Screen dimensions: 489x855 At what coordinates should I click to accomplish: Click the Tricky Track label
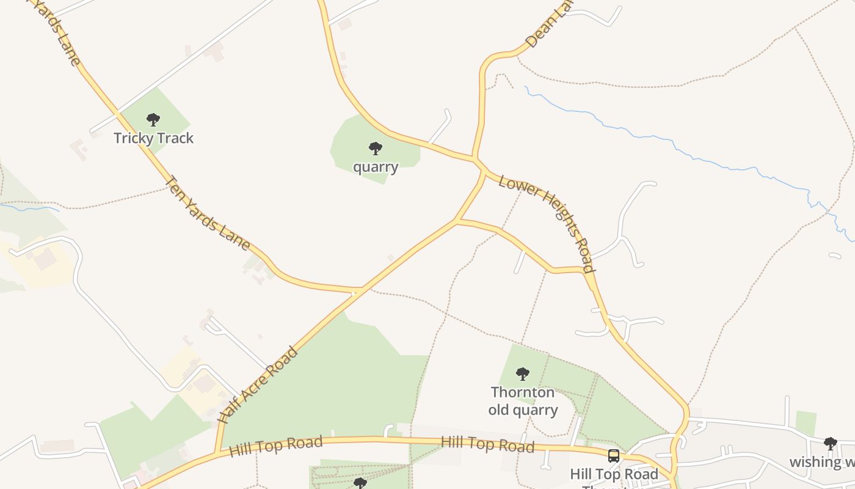[153, 138]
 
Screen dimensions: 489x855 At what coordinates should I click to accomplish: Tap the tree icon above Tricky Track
[153, 120]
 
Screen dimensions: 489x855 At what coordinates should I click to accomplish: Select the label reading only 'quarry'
[376, 167]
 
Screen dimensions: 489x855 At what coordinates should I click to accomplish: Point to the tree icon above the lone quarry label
[376, 149]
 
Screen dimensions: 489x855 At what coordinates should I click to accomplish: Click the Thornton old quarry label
[523, 401]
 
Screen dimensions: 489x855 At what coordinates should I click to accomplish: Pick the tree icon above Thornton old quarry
[522, 373]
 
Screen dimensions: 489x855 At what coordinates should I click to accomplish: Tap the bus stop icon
[614, 456]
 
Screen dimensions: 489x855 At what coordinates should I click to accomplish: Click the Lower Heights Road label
[546, 223]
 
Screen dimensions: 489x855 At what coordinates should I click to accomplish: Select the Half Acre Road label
[258, 386]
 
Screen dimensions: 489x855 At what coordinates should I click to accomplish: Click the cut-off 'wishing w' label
[821, 461]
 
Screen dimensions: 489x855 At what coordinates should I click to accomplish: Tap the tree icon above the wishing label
[830, 444]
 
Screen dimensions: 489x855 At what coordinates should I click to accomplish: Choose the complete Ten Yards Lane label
[208, 213]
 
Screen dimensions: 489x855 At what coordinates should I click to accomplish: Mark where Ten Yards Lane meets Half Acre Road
[362, 289]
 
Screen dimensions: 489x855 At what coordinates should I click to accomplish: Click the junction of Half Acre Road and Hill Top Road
[217, 452]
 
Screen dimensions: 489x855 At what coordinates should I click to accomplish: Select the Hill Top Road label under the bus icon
[614, 474]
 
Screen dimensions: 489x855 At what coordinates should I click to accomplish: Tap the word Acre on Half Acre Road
[257, 386]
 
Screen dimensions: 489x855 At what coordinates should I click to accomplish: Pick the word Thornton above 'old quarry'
[523, 392]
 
